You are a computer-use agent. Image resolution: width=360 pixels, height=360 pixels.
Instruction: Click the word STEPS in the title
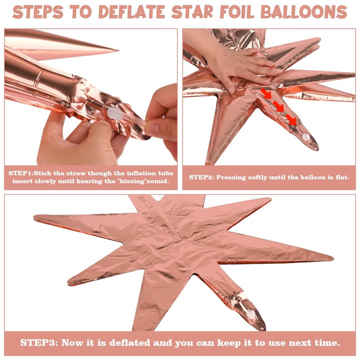click(38, 12)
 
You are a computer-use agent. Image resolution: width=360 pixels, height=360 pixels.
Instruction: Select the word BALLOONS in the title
click(304, 12)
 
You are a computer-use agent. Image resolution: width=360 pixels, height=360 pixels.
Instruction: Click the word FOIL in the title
click(237, 12)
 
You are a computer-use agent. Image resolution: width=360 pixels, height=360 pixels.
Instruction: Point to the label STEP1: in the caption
click(21, 173)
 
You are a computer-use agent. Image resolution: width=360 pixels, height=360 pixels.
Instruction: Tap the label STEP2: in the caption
click(202, 177)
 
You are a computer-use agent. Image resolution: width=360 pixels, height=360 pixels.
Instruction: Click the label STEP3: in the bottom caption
click(39, 343)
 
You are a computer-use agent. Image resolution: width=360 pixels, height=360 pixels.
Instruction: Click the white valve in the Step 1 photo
click(115, 112)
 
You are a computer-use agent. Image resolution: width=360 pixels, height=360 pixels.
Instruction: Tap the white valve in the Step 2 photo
click(306, 137)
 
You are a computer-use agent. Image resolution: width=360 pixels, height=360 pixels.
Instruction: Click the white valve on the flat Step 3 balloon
click(252, 314)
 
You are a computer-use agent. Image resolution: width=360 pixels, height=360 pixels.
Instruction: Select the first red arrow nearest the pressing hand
click(266, 94)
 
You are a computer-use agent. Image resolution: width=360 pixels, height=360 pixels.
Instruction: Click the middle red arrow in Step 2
click(279, 107)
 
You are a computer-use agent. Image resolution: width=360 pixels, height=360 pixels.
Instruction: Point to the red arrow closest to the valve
click(291, 120)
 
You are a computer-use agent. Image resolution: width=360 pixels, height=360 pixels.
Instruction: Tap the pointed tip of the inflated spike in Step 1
click(118, 50)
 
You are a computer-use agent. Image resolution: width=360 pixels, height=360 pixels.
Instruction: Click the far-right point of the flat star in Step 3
click(333, 259)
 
